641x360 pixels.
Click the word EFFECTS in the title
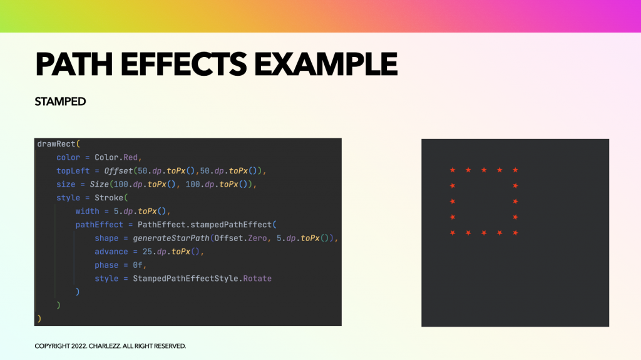183,64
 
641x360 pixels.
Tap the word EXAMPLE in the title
326,64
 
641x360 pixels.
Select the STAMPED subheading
60,101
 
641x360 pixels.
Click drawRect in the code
56,144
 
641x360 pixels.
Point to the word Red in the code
130,158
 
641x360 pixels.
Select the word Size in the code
100,185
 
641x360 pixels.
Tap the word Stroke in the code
109,198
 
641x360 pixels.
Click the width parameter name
87,212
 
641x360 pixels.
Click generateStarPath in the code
171,238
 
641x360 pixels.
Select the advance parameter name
111,252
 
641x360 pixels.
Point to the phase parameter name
106,265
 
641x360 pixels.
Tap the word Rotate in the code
257,279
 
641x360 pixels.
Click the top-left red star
453,170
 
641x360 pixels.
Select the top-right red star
515,170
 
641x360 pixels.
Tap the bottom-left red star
453,233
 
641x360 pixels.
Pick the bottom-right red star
515,233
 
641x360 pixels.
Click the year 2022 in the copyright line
79,346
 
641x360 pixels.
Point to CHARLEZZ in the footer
105,346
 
